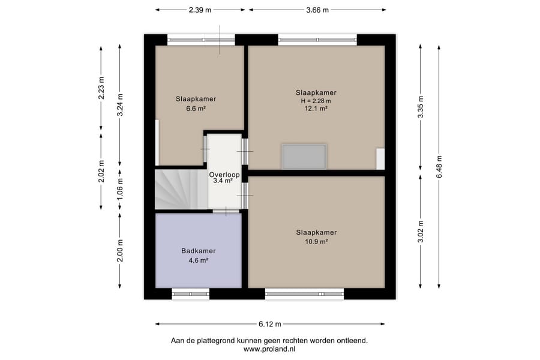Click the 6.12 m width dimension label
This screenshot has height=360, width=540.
[x=269, y=324]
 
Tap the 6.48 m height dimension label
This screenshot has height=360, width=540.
[x=439, y=167]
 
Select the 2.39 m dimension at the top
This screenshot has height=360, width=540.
[x=200, y=10]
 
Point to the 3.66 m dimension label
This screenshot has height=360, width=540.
[x=317, y=10]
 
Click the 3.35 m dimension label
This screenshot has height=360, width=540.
[x=421, y=107]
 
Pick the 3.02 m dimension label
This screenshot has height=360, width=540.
[x=421, y=232]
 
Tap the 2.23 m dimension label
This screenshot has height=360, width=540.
[x=101, y=88]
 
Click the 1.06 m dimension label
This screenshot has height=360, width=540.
[x=120, y=189]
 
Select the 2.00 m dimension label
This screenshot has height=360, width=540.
[x=120, y=251]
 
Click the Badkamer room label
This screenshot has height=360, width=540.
[x=199, y=251]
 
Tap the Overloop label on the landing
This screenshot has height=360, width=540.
[x=224, y=175]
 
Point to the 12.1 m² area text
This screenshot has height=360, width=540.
[x=316, y=108]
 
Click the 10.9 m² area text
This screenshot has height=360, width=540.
[x=316, y=241]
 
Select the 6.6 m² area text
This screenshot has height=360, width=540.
[x=196, y=109]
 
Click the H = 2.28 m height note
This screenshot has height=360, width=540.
[x=316, y=101]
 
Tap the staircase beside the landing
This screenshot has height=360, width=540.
[x=181, y=189]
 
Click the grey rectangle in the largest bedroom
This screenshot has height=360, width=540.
[x=304, y=157]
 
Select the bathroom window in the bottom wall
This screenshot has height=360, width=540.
[x=190, y=294]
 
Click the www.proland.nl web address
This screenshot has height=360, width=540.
[x=269, y=349]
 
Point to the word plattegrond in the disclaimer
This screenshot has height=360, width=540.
[x=215, y=341]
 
